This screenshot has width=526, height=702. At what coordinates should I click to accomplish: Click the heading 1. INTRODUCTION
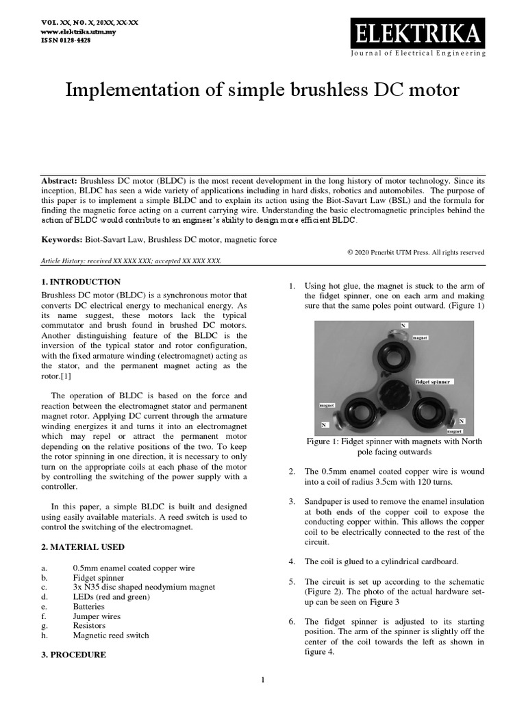[x=81, y=282]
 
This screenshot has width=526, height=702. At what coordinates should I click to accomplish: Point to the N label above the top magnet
[x=403, y=324]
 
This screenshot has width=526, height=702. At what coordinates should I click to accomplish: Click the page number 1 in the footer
[x=263, y=680]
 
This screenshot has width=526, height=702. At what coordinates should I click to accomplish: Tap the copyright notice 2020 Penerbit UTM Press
[x=416, y=252]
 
